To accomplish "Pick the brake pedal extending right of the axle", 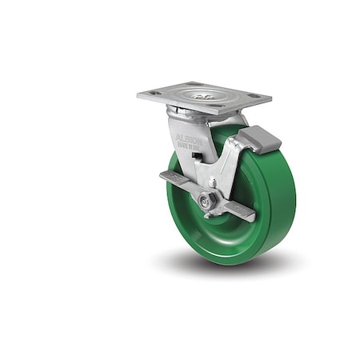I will tap(238, 210).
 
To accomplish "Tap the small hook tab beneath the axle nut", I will tap(210, 214).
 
